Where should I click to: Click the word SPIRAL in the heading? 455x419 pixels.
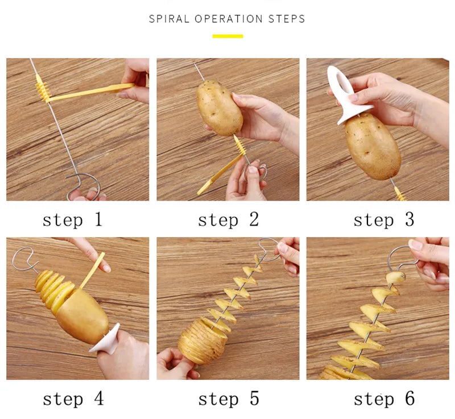point(169,19)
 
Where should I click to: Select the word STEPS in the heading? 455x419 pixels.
point(287,19)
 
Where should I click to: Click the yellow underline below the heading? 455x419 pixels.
point(227,36)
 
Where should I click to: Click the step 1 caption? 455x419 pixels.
point(72,220)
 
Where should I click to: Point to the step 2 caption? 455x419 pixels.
point(228,220)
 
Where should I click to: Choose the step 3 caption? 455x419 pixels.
point(384,220)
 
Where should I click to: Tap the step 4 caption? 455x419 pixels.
point(73,399)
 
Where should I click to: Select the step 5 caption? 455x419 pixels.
point(228,399)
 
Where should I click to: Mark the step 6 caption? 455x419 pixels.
point(384,399)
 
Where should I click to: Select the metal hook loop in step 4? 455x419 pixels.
point(24,259)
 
